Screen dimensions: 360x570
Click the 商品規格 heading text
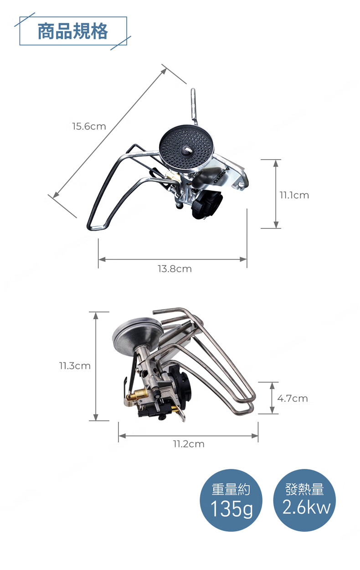(x=73, y=31)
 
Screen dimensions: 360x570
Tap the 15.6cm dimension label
(x=89, y=126)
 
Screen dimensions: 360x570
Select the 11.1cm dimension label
(x=294, y=195)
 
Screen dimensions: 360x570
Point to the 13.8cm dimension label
(x=175, y=269)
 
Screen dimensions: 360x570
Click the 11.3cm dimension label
(x=75, y=366)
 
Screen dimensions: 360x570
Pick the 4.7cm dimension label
(x=293, y=398)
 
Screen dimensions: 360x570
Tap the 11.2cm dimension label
(x=189, y=444)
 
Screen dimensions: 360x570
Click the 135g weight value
(x=231, y=509)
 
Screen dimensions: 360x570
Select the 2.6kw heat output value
(x=306, y=507)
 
